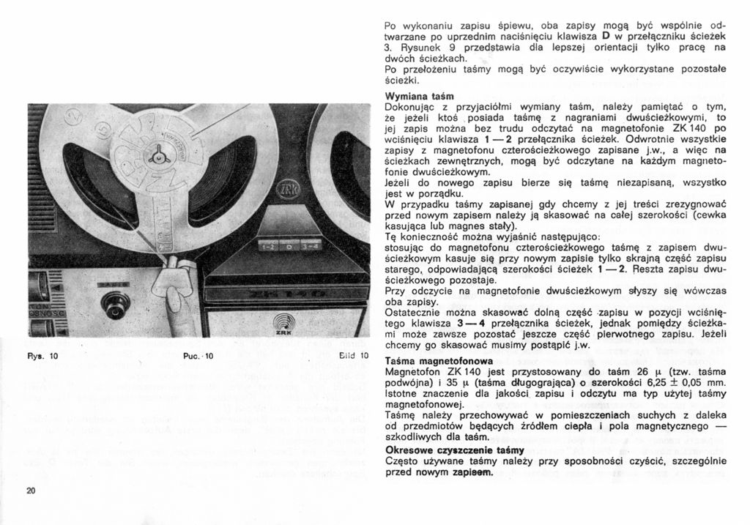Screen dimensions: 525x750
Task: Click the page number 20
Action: point(30,491)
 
